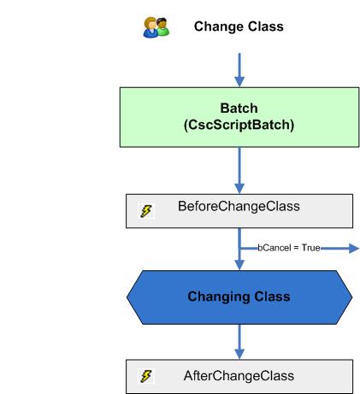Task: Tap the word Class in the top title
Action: [x=265, y=26]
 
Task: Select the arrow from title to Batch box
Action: [x=239, y=68]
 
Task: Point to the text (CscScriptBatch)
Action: [x=239, y=126]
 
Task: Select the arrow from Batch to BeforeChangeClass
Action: [x=239, y=173]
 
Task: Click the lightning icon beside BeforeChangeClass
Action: [x=146, y=209]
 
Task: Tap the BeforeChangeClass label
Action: [x=239, y=207]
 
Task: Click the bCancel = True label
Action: [x=289, y=247]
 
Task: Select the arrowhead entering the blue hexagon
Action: [x=239, y=267]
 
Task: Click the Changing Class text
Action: [x=239, y=297]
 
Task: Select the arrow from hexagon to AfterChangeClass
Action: [x=239, y=342]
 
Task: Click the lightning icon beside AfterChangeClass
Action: [x=146, y=376]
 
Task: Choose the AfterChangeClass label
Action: [x=239, y=376]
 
